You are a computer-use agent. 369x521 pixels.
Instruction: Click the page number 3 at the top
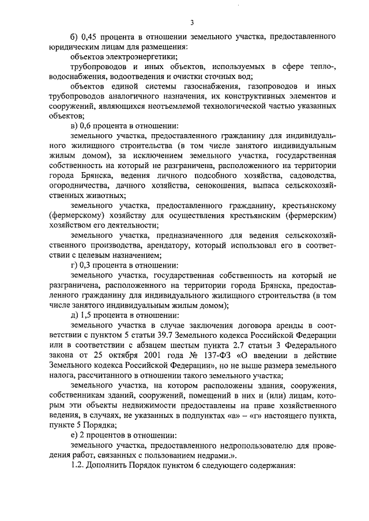point(191,22)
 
